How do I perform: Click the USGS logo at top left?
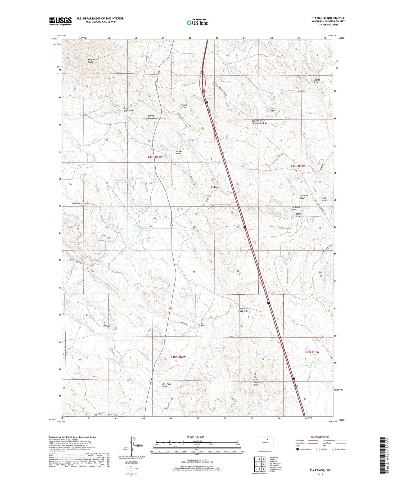click(x=60, y=21)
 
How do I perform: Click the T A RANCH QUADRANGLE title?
click(x=328, y=18)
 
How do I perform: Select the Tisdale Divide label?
click(x=183, y=106)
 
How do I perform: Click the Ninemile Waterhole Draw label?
click(x=260, y=122)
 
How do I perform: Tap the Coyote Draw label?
click(x=317, y=81)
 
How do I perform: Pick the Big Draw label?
click(x=215, y=187)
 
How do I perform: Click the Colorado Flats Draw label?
click(x=244, y=309)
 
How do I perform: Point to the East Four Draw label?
click(x=166, y=385)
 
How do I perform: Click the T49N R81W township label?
click(x=298, y=166)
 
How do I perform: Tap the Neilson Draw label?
click(x=179, y=152)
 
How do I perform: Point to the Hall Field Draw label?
click(x=293, y=208)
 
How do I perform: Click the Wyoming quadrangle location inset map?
click(x=265, y=443)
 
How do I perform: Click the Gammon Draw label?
click(x=258, y=383)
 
